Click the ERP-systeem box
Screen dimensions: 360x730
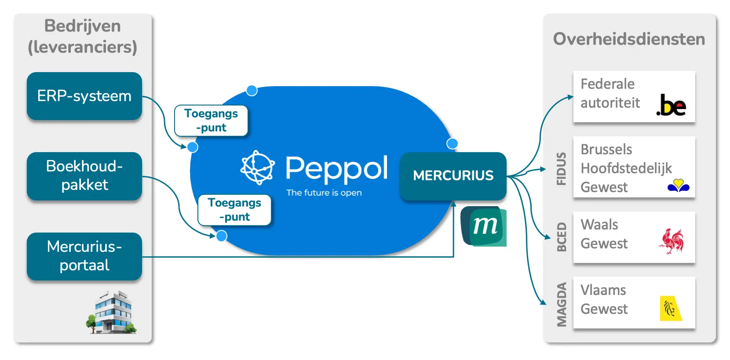[84, 96]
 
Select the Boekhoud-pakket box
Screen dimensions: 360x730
[84, 176]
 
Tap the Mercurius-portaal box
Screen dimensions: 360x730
[84, 256]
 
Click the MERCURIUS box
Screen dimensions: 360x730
[453, 176]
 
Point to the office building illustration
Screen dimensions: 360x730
[112, 312]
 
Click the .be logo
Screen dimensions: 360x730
[671, 105]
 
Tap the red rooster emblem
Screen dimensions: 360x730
[672, 241]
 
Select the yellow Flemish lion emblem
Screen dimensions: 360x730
[671, 308]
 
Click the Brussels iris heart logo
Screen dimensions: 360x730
[679, 185]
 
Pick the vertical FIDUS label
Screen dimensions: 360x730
[561, 169]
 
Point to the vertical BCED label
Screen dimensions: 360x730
[561, 237]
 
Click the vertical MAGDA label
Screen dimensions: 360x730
[561, 305]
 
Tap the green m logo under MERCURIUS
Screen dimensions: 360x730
[484, 226]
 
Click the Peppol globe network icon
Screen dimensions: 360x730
[257, 167]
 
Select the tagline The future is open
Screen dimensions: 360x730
[324, 193]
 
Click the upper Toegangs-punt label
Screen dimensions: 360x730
[211, 120]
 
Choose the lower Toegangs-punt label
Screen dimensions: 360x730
[234, 210]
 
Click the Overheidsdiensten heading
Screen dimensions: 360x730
[629, 39]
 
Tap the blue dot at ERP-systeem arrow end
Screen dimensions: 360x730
[193, 147]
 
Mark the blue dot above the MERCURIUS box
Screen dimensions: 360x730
[452, 143]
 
